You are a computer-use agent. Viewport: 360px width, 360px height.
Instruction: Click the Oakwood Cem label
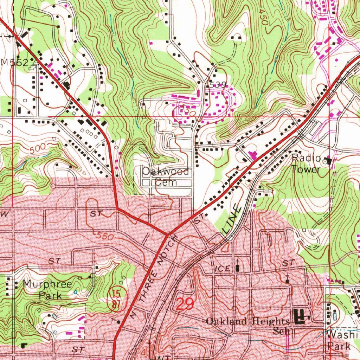click(x=165, y=177)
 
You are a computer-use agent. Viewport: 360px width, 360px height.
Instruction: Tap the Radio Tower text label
click(x=306, y=164)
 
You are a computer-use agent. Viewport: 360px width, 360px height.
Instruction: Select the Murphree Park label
click(x=47, y=290)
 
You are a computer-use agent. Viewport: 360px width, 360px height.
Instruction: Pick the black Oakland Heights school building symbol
click(x=300, y=317)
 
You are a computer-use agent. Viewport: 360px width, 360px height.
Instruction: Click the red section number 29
click(x=184, y=304)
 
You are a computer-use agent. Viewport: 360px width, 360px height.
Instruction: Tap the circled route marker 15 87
click(x=114, y=300)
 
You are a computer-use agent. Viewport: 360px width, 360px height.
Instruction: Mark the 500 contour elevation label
click(x=37, y=149)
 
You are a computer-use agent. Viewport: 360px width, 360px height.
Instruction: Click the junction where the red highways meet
click(x=168, y=234)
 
